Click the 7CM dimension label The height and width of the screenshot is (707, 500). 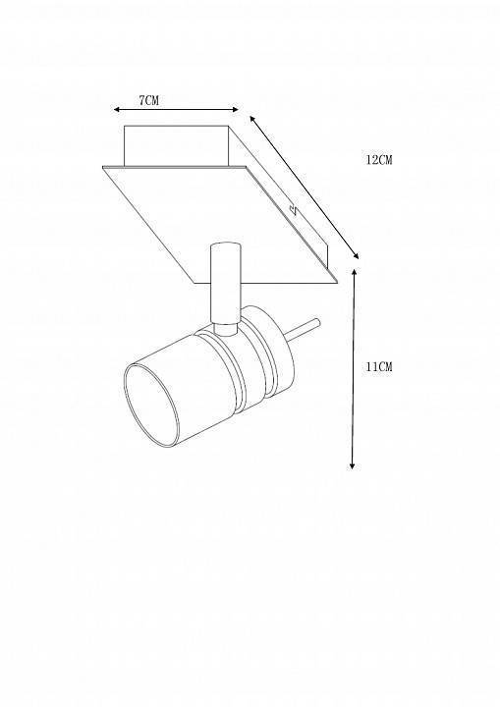tap(149, 100)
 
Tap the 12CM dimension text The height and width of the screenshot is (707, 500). tap(378, 160)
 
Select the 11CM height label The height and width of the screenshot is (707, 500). tap(378, 366)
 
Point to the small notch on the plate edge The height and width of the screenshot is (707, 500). tap(294, 208)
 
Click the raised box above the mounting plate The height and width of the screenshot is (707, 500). tap(177, 144)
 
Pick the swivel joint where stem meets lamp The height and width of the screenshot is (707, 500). tap(226, 329)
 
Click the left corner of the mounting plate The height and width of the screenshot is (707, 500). tap(103, 168)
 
